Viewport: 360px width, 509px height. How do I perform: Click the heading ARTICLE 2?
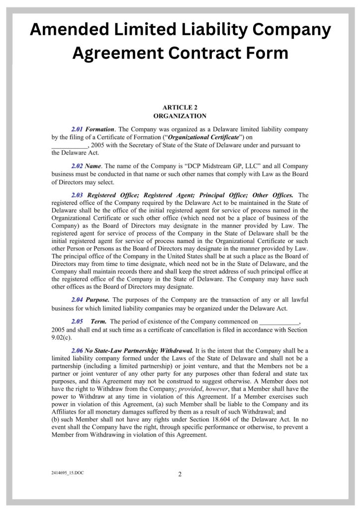[180, 107]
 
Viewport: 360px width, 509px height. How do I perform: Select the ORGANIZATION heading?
[180, 116]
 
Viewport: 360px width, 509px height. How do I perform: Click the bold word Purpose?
[97, 300]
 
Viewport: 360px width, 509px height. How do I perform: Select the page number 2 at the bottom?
[180, 474]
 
